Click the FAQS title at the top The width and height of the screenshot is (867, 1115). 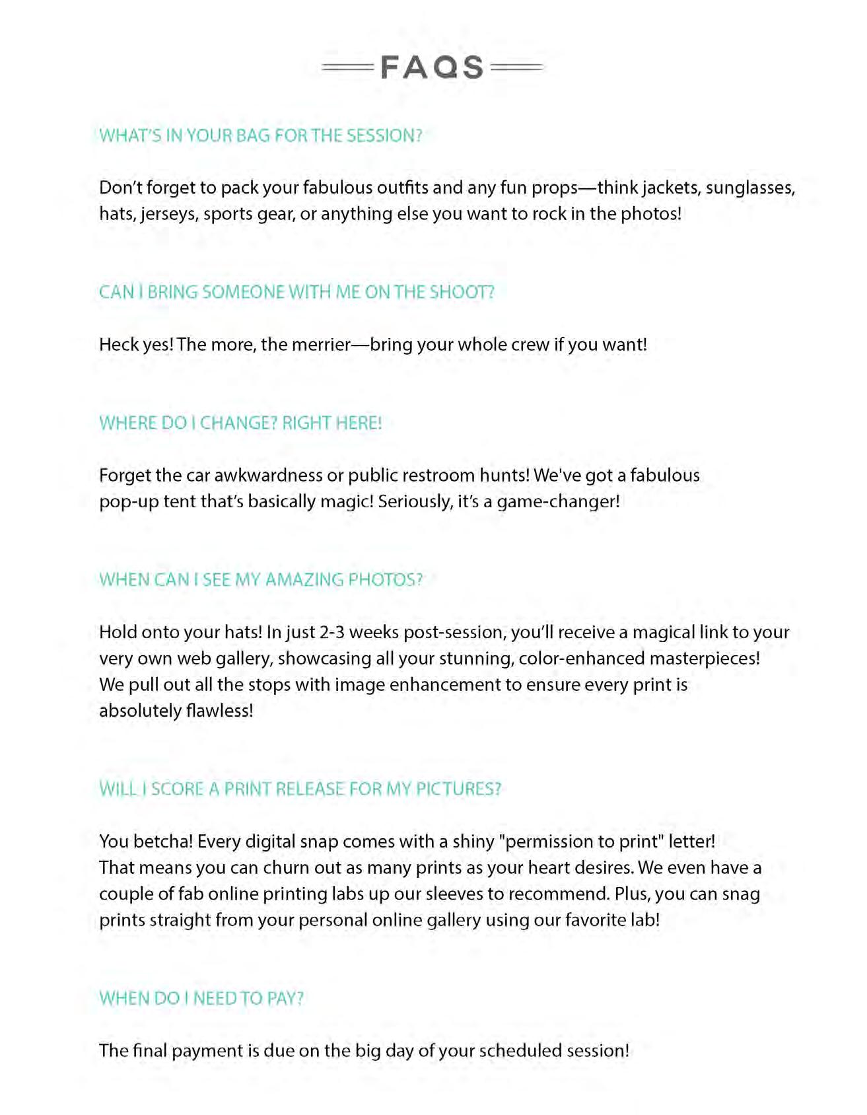433,67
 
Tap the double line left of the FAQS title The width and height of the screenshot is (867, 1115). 347,67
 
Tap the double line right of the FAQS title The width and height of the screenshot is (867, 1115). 518,67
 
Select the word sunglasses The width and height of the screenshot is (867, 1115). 750,188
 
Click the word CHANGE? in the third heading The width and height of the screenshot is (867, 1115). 238,423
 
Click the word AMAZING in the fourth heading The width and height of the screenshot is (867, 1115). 304,580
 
